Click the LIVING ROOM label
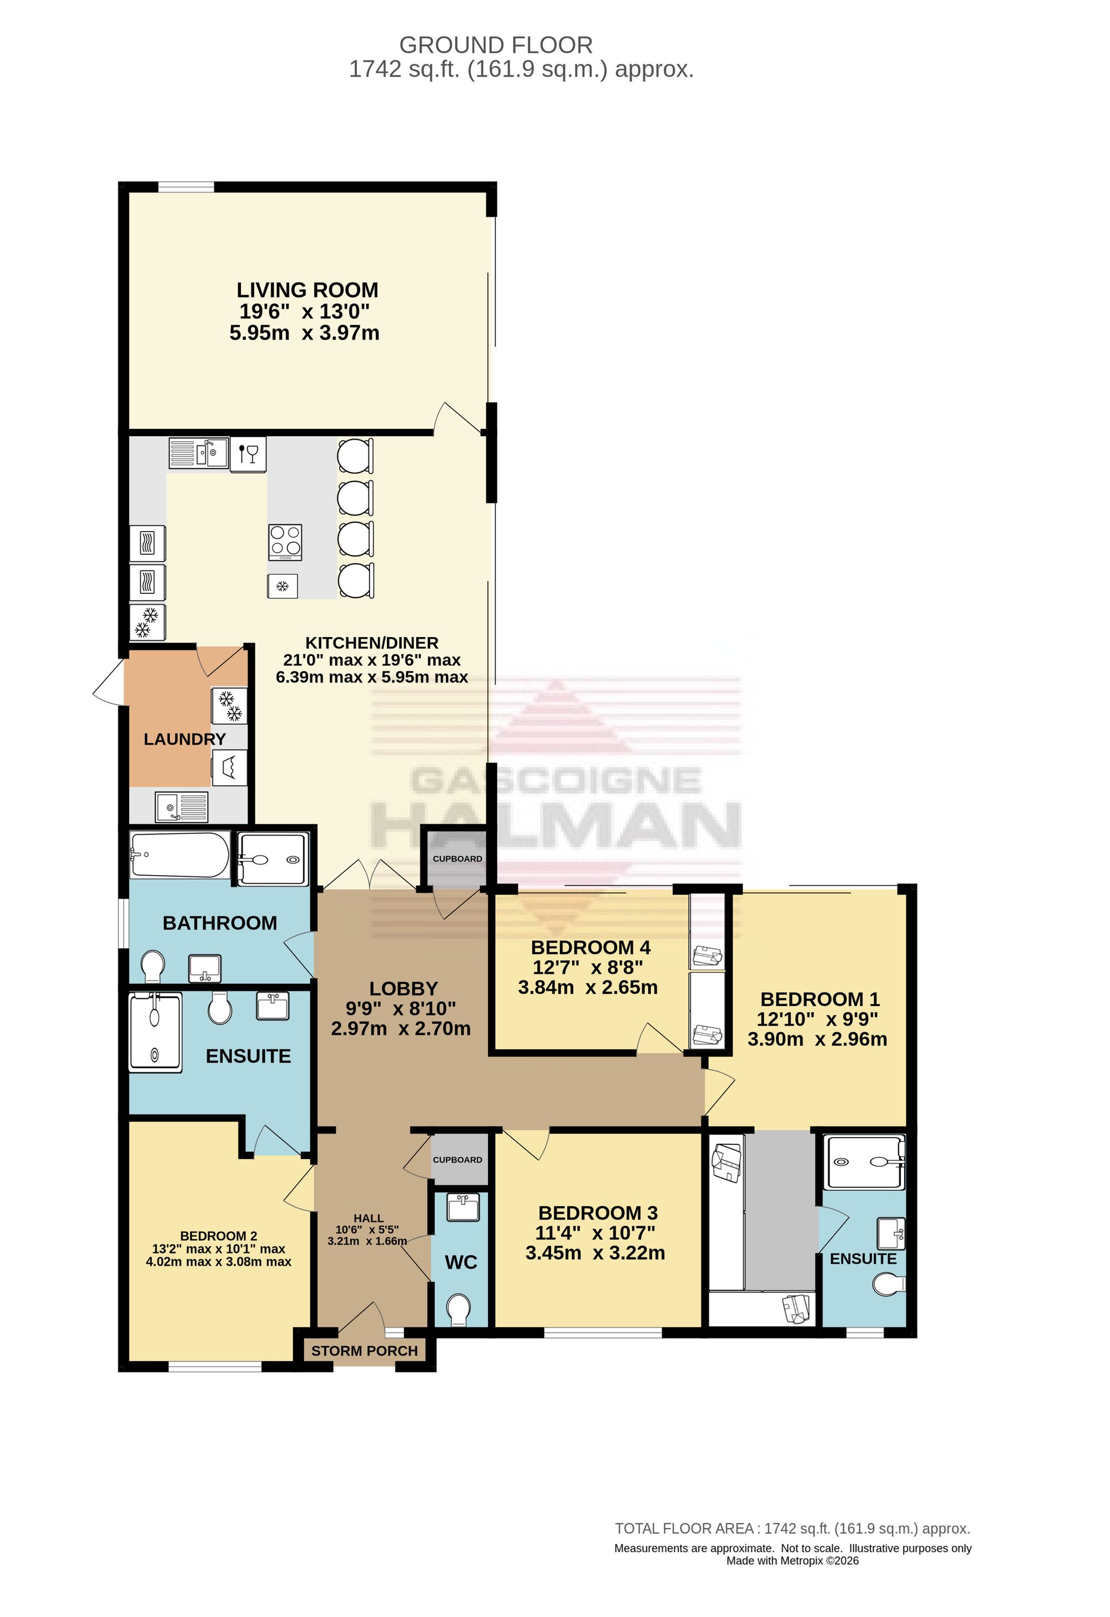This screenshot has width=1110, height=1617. pyautogui.click(x=307, y=290)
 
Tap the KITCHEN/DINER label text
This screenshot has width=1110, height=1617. pyautogui.click(x=372, y=643)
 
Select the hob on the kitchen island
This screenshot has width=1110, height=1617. pyautogui.click(x=285, y=542)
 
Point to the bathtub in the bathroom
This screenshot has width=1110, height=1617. pyautogui.click(x=180, y=855)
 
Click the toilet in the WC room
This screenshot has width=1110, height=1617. pyautogui.click(x=458, y=1310)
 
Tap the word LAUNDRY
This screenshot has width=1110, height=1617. pyautogui.click(x=184, y=739)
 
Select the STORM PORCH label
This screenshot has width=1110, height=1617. pyautogui.click(x=365, y=1351)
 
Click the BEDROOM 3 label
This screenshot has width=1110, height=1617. pyautogui.click(x=598, y=1213)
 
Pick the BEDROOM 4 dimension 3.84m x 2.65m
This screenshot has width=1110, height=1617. pyautogui.click(x=588, y=987)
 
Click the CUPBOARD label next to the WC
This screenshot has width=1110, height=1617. pyautogui.click(x=457, y=1160)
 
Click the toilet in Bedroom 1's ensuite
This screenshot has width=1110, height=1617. pyautogui.click(x=890, y=1285)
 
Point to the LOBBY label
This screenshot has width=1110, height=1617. pyautogui.click(x=403, y=989)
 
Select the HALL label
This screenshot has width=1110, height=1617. pyautogui.click(x=368, y=1219)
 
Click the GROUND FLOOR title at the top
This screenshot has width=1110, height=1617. pyautogui.click(x=496, y=46)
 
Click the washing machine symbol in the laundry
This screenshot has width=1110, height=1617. pyautogui.click(x=230, y=768)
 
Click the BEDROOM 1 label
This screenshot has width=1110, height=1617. pyautogui.click(x=820, y=999)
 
